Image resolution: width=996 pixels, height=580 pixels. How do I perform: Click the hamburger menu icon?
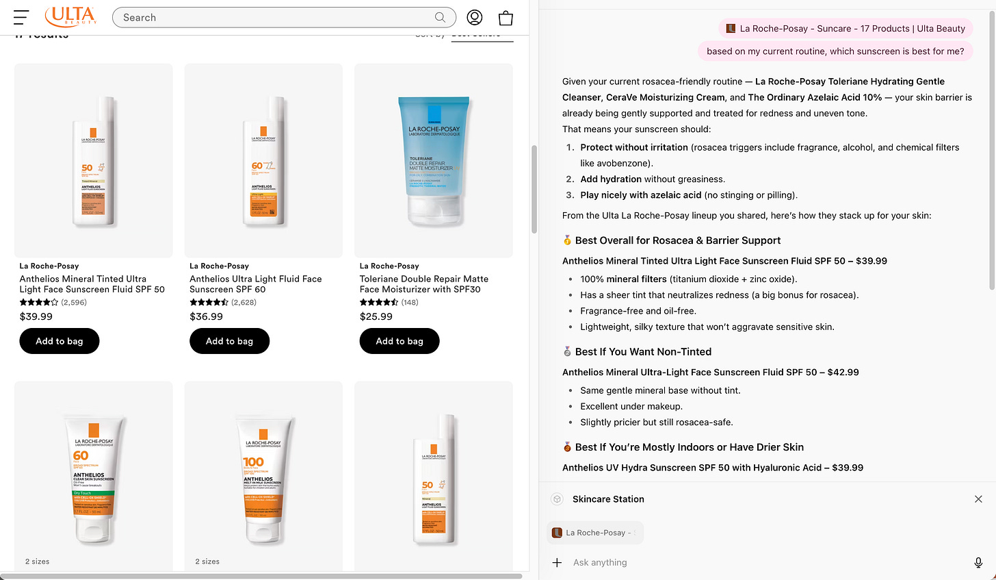click(x=21, y=17)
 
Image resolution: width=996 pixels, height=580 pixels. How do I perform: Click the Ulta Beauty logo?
click(x=70, y=16)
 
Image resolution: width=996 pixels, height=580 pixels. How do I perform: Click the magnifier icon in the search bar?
click(x=440, y=17)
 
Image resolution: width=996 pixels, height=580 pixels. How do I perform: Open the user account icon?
click(x=475, y=17)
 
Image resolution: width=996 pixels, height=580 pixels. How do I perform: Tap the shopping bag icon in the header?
click(x=506, y=18)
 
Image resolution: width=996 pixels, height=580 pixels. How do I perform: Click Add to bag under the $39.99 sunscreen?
click(x=60, y=341)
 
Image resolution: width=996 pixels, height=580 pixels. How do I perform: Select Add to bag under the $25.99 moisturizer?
click(x=399, y=341)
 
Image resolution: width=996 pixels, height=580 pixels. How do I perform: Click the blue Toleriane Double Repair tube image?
click(x=434, y=160)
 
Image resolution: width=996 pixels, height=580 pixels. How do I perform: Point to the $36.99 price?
click(x=207, y=316)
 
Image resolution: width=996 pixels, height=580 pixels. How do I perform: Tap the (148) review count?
click(x=410, y=302)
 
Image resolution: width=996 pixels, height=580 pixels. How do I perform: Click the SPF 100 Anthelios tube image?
click(x=263, y=477)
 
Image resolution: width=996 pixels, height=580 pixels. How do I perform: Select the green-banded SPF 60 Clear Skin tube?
click(x=94, y=477)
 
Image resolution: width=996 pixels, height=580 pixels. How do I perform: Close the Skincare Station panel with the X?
click(x=978, y=499)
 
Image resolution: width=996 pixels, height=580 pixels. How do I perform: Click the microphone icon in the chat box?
click(x=978, y=562)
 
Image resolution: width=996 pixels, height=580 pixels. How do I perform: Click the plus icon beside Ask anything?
click(x=557, y=562)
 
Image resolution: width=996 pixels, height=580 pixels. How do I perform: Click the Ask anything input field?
click(x=752, y=562)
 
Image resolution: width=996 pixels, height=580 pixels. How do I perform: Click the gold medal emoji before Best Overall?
click(x=567, y=240)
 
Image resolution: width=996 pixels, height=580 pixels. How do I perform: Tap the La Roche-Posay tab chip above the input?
click(x=595, y=533)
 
